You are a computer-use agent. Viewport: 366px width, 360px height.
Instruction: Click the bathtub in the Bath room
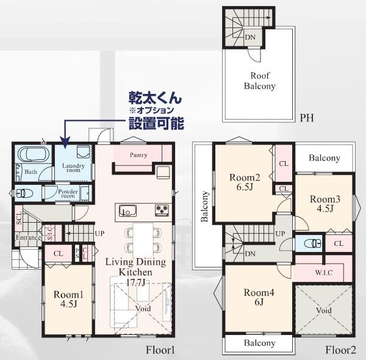[x=34, y=154]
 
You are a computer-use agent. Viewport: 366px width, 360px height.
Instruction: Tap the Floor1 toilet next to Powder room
[x=23, y=193]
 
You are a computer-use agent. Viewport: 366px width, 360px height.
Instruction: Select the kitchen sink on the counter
[x=127, y=211]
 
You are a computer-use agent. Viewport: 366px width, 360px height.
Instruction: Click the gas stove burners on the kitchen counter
[x=162, y=209]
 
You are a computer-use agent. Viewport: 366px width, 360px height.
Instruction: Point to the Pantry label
[x=138, y=155]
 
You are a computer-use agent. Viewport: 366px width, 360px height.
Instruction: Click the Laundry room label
[x=73, y=168]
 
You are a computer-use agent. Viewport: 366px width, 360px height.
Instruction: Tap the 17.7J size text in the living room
[x=135, y=283]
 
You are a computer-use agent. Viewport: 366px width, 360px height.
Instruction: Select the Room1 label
[x=68, y=294]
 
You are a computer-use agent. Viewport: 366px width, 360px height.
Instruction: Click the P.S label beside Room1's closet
[x=77, y=254]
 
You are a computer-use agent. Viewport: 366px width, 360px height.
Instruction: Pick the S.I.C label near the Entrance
[x=50, y=233]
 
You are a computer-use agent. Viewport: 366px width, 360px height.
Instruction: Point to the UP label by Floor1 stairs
[x=99, y=233]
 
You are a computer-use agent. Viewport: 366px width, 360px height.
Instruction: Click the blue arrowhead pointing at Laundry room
[x=65, y=142]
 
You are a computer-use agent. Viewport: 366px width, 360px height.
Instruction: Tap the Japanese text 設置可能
[x=156, y=123]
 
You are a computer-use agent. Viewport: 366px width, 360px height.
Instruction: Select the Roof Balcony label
[x=260, y=81]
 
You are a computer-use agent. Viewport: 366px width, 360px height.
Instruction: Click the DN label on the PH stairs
[x=250, y=37]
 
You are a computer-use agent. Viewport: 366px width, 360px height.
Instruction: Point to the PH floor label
[x=307, y=118]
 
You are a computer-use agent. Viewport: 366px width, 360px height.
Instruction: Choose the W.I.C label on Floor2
[x=324, y=273]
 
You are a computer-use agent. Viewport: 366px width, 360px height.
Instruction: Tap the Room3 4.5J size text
[x=325, y=208]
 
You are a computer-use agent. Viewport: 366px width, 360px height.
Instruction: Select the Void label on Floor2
[x=324, y=311]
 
